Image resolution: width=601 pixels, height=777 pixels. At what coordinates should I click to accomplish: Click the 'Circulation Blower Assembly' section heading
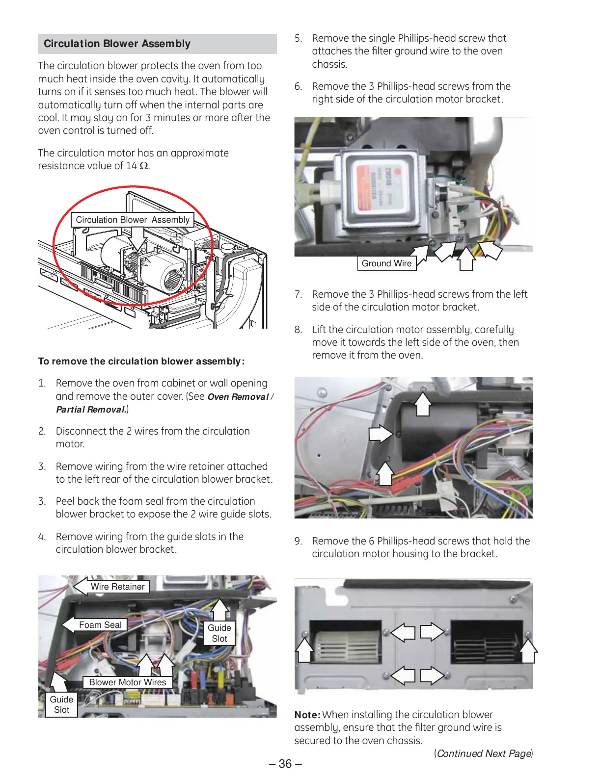pos(117,44)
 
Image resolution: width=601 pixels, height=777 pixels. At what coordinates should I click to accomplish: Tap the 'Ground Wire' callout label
pos(386,263)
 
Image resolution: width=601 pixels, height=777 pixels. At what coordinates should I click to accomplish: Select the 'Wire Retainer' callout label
pos(117,587)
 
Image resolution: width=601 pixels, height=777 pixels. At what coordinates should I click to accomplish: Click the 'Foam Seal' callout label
pos(100,625)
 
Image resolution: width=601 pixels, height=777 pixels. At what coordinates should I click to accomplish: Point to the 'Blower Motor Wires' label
pos(128,682)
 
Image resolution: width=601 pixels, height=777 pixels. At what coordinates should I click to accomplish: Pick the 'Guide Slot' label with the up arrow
pos(219,633)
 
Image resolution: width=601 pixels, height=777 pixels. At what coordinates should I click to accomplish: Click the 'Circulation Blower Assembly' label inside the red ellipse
pos(133,220)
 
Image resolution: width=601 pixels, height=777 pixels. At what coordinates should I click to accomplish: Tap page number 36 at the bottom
pos(285,764)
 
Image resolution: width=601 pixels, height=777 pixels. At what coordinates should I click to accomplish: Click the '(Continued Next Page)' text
pos(483,753)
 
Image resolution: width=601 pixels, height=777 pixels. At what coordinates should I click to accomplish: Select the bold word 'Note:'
pos(307,715)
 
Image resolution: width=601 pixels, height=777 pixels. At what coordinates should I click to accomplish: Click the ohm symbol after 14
pos(144,166)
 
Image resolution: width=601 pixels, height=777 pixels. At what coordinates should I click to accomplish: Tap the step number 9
pos(298,541)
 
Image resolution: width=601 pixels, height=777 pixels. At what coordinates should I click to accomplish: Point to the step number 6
pos(298,86)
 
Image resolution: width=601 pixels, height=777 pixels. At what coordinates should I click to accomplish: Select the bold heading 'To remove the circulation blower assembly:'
pos(141,362)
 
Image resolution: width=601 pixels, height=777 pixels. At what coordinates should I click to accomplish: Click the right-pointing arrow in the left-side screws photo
pos(380,434)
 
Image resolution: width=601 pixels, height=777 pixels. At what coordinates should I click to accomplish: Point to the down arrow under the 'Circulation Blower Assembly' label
pos(139,238)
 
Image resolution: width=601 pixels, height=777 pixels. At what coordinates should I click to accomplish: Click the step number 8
pos(298,330)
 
